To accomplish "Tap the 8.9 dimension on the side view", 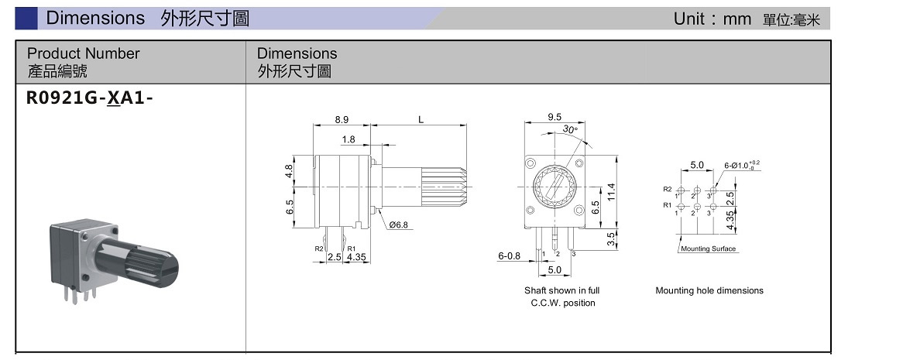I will coord(342,119).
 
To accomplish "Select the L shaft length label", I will coord(421,119).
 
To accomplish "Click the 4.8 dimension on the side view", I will coord(290,171).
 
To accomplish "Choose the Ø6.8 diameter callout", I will coord(399,225).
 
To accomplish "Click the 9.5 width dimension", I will coord(554,117).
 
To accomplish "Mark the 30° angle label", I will coord(572,129).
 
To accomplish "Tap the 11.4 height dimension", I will coord(611,190).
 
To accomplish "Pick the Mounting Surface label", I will coord(709,249).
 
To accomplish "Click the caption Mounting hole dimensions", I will coord(709,291).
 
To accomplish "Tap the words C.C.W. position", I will coord(562,303).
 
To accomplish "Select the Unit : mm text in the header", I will coord(712,19).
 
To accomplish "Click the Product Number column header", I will coord(83,53).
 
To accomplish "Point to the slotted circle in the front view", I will coord(554,187).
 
